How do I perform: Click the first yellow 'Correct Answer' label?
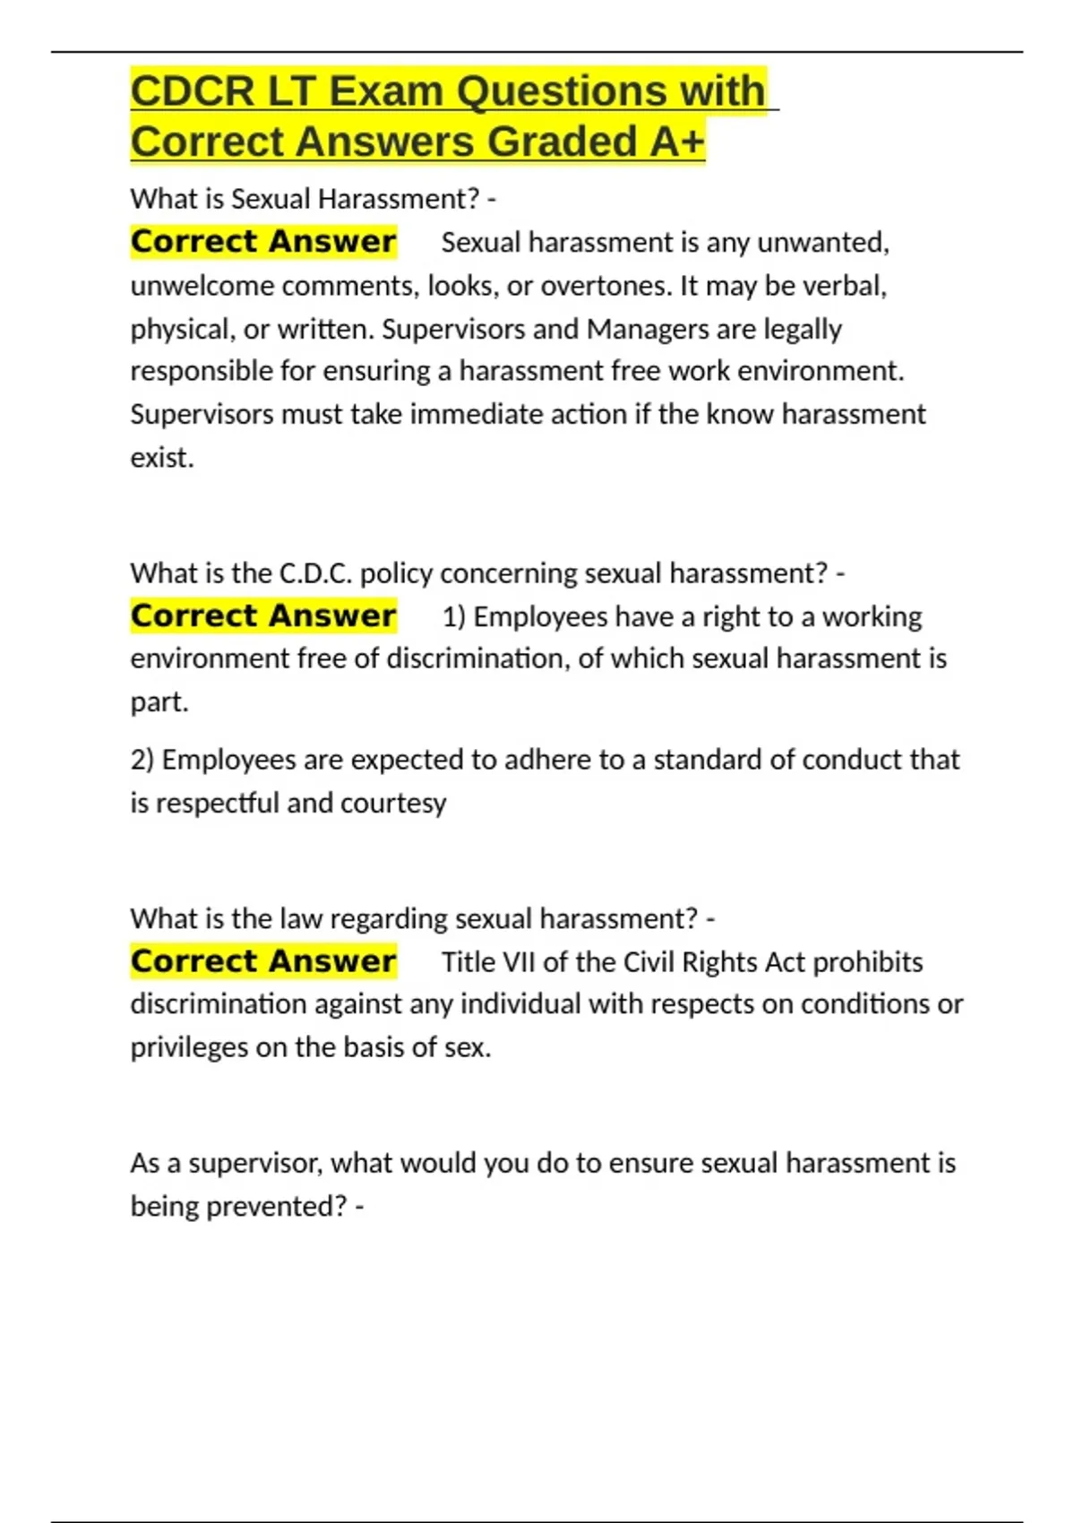(x=263, y=242)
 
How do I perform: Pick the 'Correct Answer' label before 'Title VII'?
(x=263, y=961)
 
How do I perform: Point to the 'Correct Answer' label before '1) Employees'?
(x=263, y=616)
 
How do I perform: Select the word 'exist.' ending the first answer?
(x=162, y=458)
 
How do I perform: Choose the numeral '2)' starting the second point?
(x=142, y=760)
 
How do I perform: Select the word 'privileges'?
(x=189, y=1047)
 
